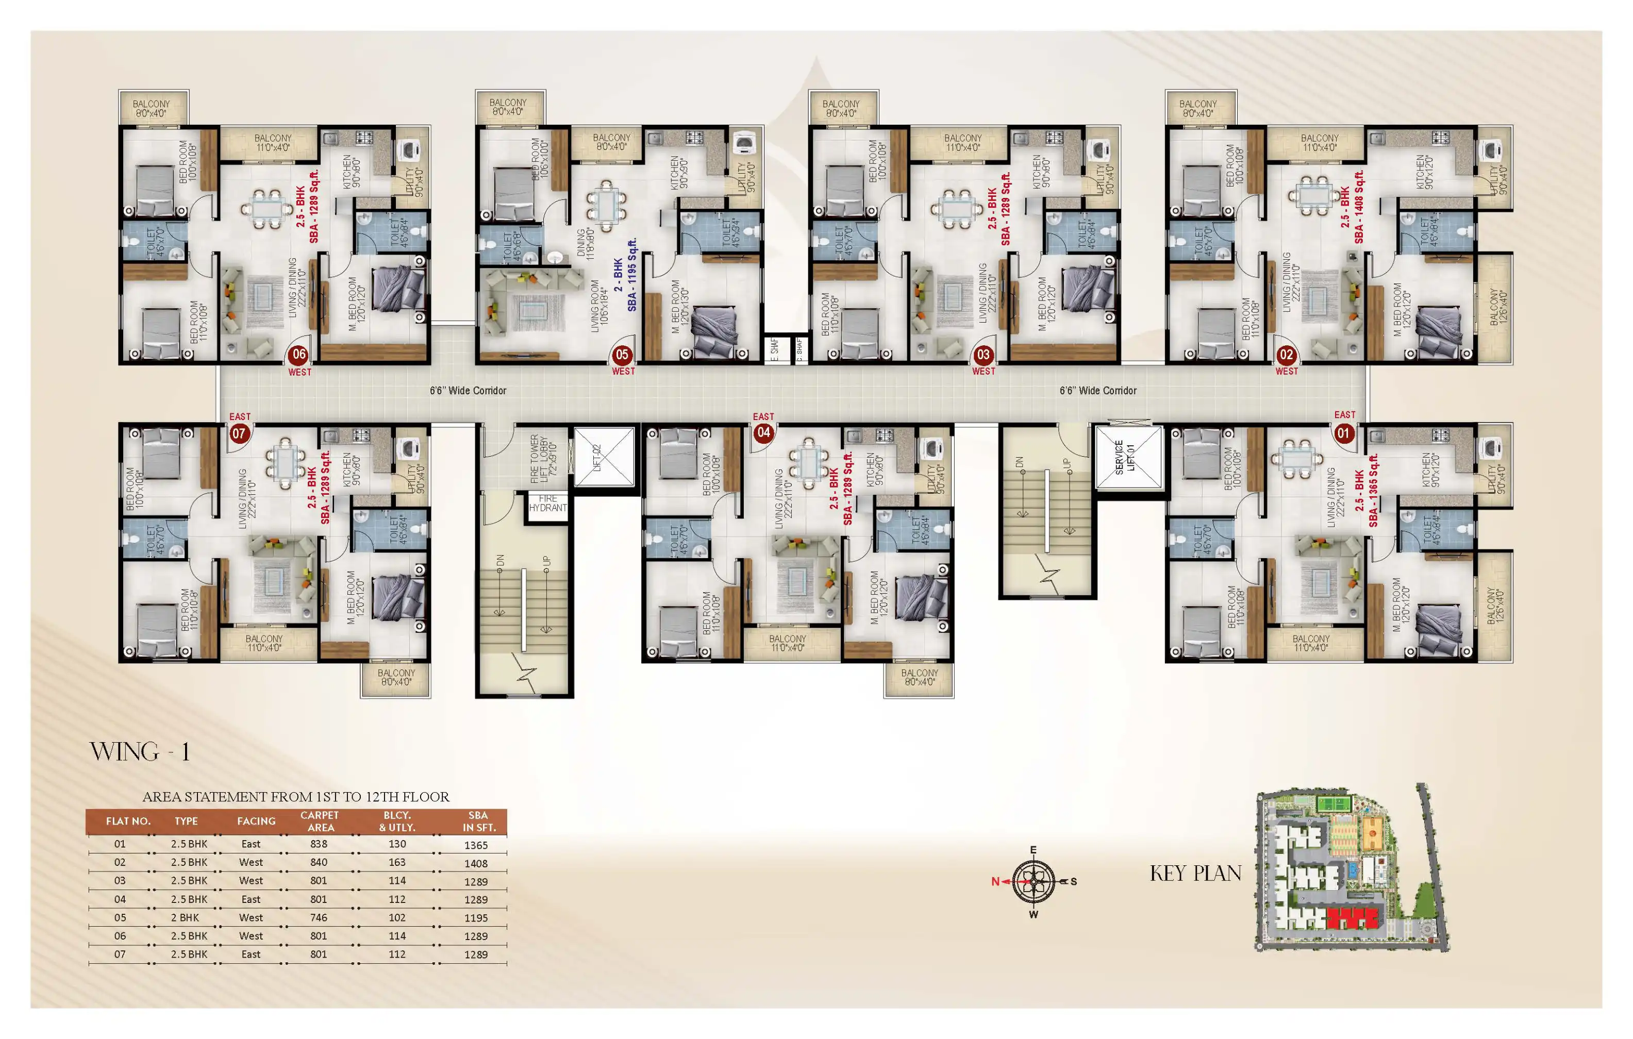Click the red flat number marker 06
pos(298,354)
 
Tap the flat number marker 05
pos(622,354)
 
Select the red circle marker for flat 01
pos(1343,433)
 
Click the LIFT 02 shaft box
pos(604,457)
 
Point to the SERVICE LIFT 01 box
pos(1128,457)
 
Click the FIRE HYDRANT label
pos(547,503)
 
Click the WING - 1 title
pos(140,751)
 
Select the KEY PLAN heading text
pos(1195,874)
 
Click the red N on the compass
pos(995,882)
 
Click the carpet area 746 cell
pos(318,917)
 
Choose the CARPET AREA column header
pos(320,822)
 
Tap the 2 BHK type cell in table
pos(185,917)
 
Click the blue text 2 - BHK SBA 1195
pos(625,275)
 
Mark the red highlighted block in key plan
pos(1352,919)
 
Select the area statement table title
pos(296,797)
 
